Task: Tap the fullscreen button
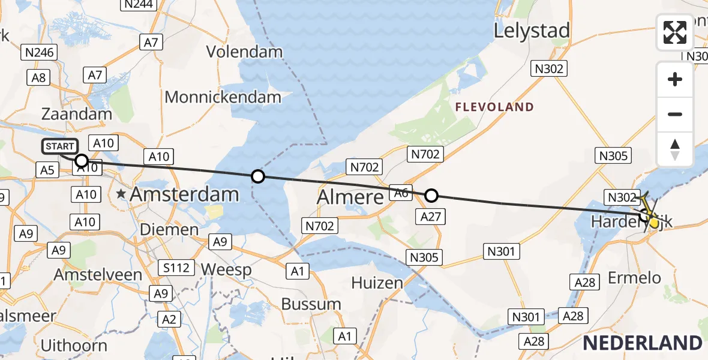pos(675,32)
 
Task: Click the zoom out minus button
pos(675,114)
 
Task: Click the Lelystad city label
pos(531,31)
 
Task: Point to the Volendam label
pos(244,52)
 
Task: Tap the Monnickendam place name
pos(223,97)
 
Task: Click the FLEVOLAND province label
pos(494,107)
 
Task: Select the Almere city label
pos(350,196)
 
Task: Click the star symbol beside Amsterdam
pos(122,194)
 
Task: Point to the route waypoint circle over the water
pos(257,176)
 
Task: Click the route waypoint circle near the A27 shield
pos(431,195)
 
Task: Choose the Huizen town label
pos(377,282)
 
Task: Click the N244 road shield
pos(139,5)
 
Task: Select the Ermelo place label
pos(635,278)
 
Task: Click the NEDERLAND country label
pos(642,343)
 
